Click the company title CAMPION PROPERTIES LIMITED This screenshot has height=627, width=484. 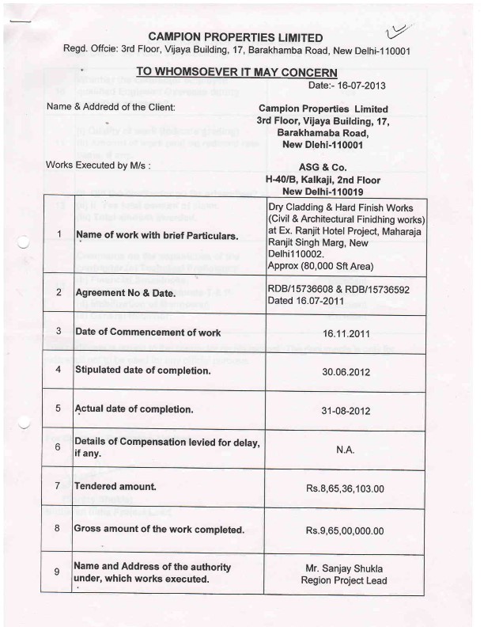click(x=236, y=37)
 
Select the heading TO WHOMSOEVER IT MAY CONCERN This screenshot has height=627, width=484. click(x=237, y=71)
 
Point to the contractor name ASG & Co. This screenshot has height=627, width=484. click(x=319, y=167)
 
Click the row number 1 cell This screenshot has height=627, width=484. click(x=59, y=235)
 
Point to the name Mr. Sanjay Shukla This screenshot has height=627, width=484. click(x=344, y=568)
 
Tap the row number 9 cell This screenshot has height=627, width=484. click(x=59, y=572)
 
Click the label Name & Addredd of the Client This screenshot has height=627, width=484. click(x=111, y=106)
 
